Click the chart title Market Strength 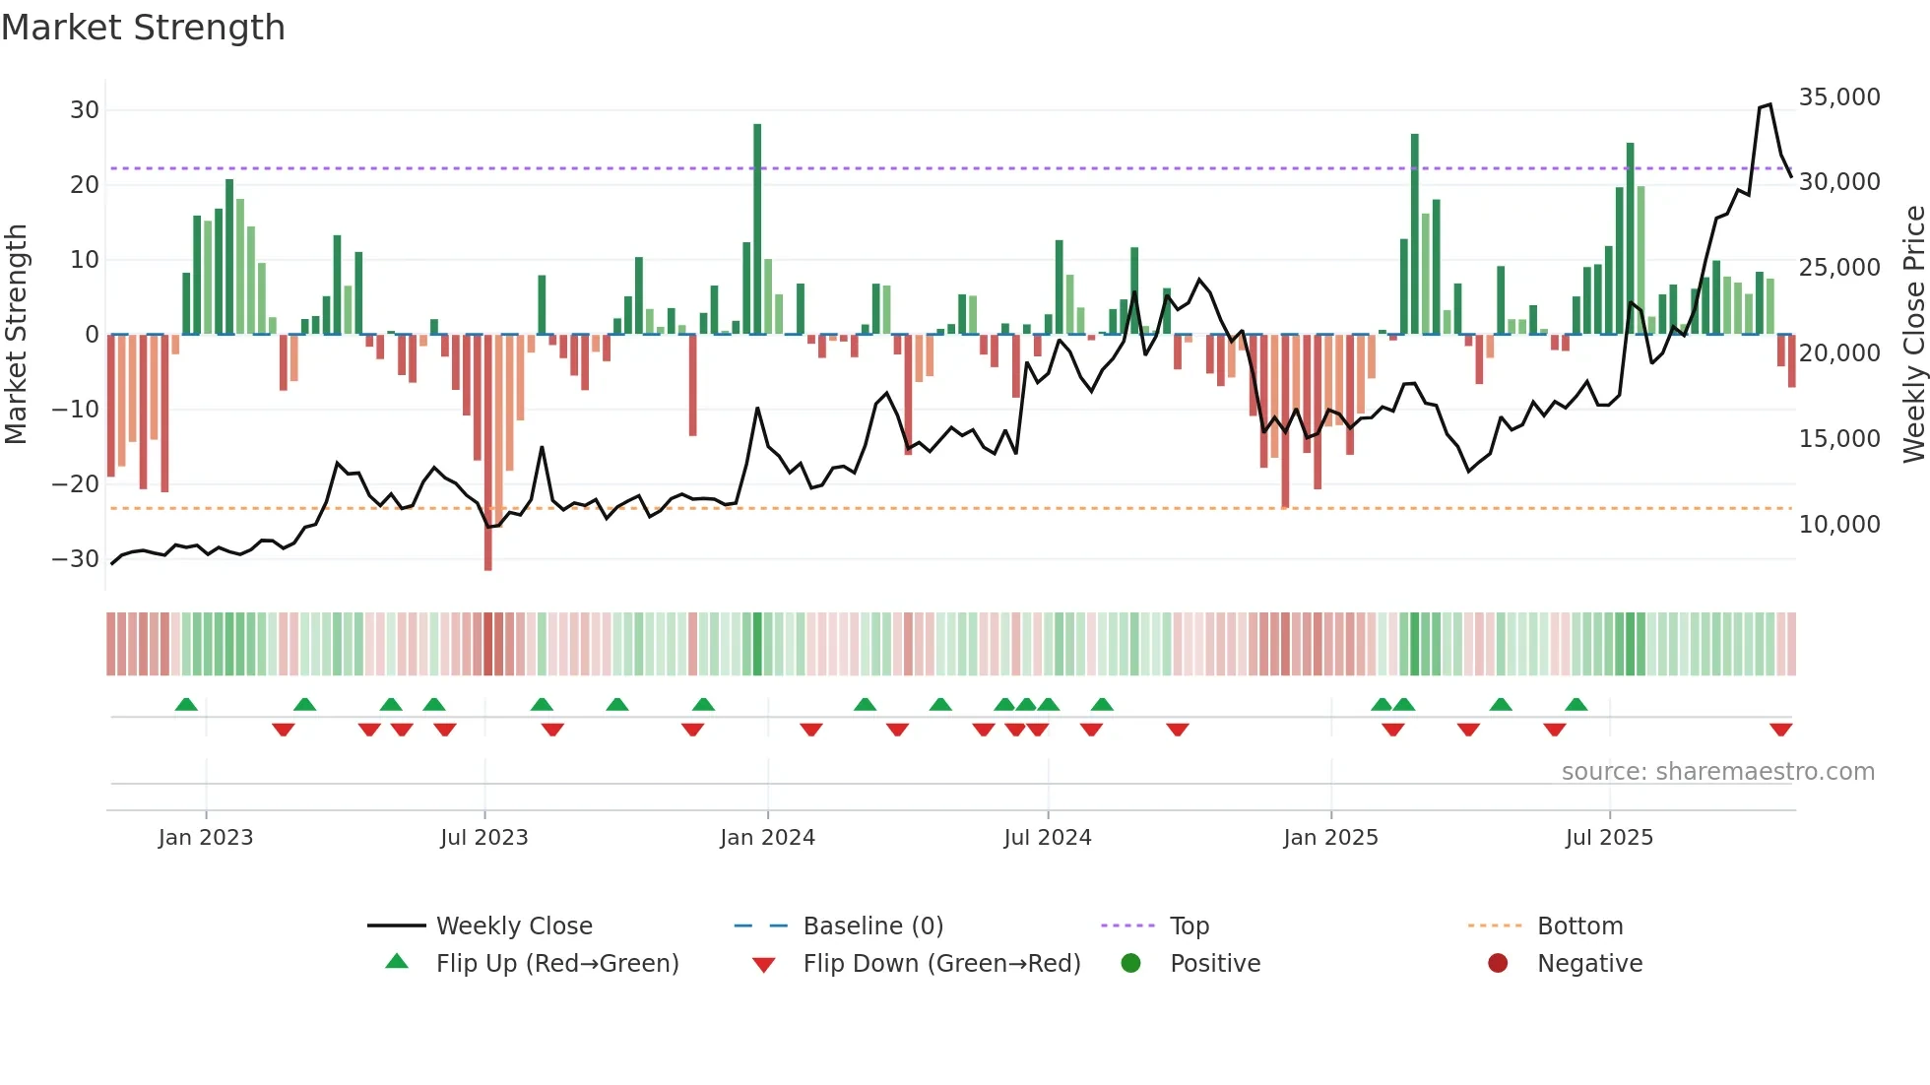(143, 28)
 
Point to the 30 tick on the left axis (85, 110)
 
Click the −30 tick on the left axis (76, 559)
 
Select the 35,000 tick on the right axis (1838, 97)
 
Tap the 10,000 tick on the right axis (1838, 525)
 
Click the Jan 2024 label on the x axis (767, 838)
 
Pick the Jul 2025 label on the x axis (1609, 838)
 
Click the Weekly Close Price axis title (1913, 335)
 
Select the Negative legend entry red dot (1498, 964)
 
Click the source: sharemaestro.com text (1717, 772)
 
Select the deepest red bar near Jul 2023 (488, 453)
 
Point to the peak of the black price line (1769, 104)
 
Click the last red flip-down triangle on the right (1780, 730)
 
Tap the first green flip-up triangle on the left (186, 704)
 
